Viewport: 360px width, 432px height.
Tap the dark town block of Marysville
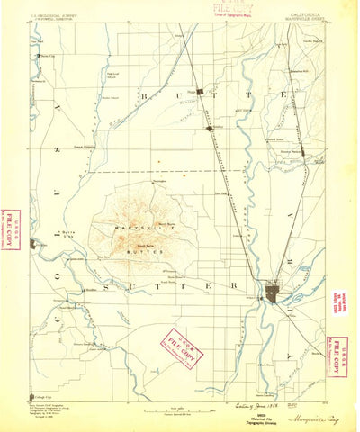tap(273, 293)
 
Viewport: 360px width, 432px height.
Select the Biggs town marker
tap(202, 91)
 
